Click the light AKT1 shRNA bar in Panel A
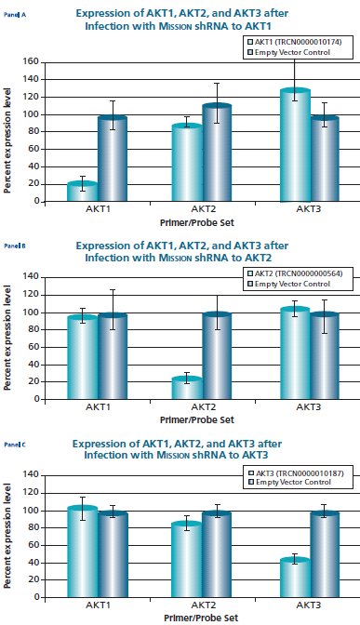[x=82, y=193]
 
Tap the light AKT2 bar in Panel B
[x=187, y=389]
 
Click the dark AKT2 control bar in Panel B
[x=218, y=357]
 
